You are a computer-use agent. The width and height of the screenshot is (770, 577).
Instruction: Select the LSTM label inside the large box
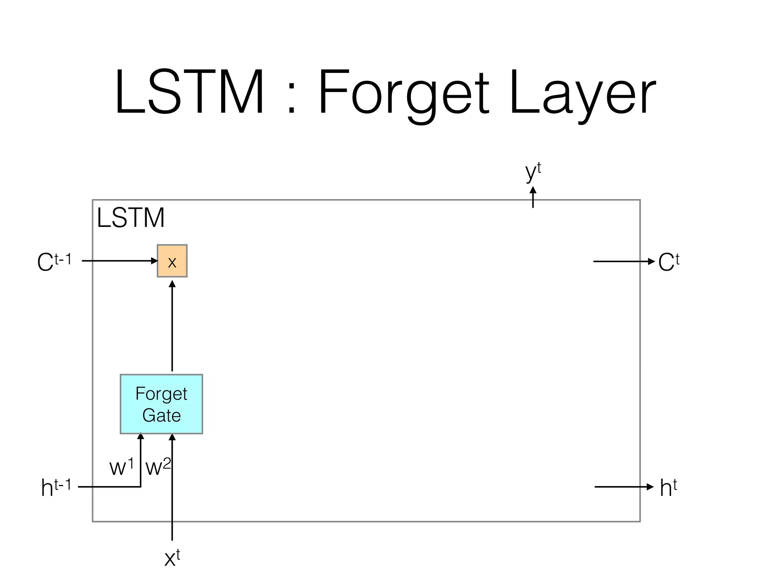(x=130, y=218)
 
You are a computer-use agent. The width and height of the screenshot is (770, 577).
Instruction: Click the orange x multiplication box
(x=172, y=261)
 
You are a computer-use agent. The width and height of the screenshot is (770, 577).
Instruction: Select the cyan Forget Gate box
(x=161, y=404)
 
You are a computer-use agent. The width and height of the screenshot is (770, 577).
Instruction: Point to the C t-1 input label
(x=54, y=261)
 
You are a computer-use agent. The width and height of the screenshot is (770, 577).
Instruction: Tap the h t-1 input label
(x=56, y=487)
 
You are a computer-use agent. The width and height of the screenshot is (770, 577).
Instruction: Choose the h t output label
(x=668, y=488)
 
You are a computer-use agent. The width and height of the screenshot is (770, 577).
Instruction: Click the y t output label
(x=533, y=172)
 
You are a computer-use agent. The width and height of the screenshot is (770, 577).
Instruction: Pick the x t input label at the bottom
(x=172, y=557)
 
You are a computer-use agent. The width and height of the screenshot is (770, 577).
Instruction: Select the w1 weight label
(x=121, y=467)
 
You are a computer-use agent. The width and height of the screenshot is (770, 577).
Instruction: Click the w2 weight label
(x=158, y=467)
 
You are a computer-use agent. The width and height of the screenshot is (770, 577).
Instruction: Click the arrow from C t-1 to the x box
(x=120, y=261)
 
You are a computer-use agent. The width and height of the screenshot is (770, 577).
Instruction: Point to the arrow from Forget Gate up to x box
(x=172, y=327)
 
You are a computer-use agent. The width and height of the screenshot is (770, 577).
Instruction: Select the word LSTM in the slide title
(x=189, y=92)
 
